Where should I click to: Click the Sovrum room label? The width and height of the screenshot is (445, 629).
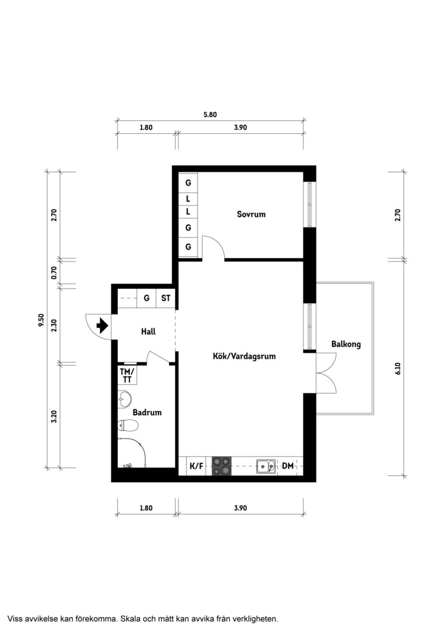[251, 214]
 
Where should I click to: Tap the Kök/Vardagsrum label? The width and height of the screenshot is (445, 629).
[245, 356]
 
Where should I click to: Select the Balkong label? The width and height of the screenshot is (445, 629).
[346, 344]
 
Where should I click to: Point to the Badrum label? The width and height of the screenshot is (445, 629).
[147, 412]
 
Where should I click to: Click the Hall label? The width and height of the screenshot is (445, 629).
[148, 332]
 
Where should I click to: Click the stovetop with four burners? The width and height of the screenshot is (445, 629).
[222, 466]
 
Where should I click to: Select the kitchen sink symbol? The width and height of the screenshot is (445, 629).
[266, 466]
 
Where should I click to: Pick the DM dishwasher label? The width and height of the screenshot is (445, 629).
[288, 466]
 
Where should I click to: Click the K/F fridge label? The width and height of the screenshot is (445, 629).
[196, 466]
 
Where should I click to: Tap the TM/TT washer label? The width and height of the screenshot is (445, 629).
[127, 376]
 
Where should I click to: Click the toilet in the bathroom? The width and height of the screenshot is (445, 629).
[128, 425]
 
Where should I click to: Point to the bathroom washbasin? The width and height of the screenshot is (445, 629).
[125, 399]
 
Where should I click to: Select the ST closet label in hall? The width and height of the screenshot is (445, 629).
[166, 298]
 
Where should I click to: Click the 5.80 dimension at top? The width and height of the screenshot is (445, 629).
[210, 114]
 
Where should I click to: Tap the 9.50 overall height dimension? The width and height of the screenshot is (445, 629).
[41, 320]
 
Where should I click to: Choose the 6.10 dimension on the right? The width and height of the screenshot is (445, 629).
[398, 368]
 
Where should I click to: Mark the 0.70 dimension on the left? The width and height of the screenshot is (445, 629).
[54, 273]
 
